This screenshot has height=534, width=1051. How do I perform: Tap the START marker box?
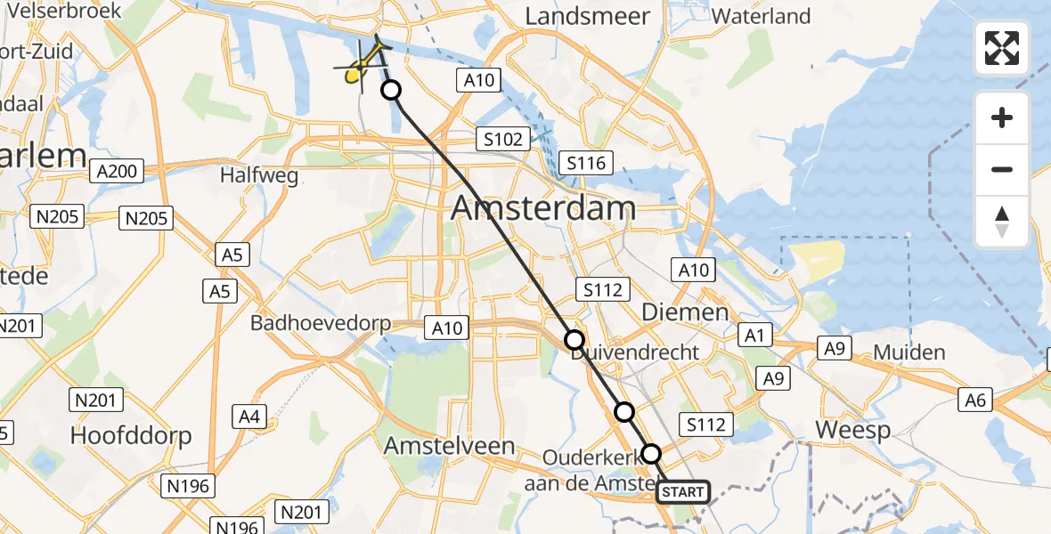[x=683, y=491]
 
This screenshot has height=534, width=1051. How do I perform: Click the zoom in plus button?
[x=1002, y=118]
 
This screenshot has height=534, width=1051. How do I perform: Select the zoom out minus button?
[x=1002, y=169]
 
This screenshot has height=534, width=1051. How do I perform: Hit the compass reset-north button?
[x=1002, y=222]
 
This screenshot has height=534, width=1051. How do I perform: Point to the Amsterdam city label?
[x=543, y=209]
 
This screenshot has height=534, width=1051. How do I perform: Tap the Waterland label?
[x=761, y=16]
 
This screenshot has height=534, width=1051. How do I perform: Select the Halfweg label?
[x=259, y=176]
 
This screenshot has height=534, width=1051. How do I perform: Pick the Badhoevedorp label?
[x=320, y=322]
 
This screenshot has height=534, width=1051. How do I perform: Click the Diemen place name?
[x=685, y=312]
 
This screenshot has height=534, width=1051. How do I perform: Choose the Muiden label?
[x=908, y=352]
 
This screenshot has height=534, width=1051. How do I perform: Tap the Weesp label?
[x=852, y=431]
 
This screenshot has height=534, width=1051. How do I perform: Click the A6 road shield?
[x=975, y=401]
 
